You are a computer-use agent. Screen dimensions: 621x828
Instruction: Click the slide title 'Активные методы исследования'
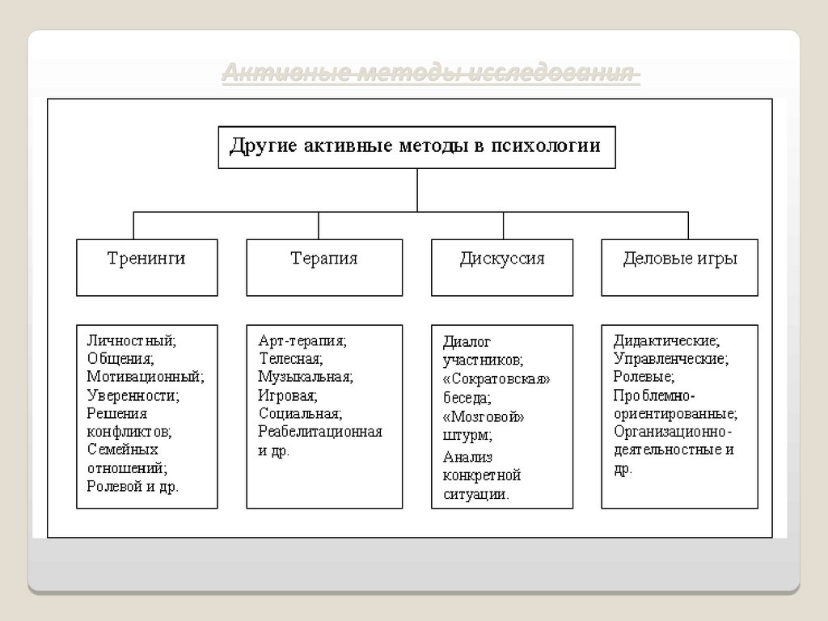[x=431, y=75]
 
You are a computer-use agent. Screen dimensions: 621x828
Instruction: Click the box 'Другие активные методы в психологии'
[x=416, y=146]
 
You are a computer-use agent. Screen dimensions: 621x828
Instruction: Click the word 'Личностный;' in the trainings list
[x=131, y=341]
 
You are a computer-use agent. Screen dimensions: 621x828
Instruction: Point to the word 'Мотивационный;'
[x=146, y=377]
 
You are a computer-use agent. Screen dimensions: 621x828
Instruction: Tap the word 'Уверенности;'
[x=133, y=395]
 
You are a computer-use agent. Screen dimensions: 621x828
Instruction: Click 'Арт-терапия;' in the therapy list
[x=302, y=341]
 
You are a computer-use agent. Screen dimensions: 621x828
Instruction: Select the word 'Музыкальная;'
[x=306, y=377]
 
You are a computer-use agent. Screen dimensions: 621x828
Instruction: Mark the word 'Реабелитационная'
[x=320, y=432]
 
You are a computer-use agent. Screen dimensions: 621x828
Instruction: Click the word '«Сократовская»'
[x=496, y=379]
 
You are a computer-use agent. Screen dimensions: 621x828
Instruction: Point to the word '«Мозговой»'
[x=484, y=417]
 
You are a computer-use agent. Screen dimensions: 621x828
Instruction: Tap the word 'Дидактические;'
[x=666, y=341]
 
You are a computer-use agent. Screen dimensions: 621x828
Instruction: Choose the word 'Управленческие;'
[x=670, y=358]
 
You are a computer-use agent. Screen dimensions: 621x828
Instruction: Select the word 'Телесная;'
[x=290, y=358]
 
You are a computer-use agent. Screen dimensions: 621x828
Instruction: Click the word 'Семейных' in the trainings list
[x=122, y=450]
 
